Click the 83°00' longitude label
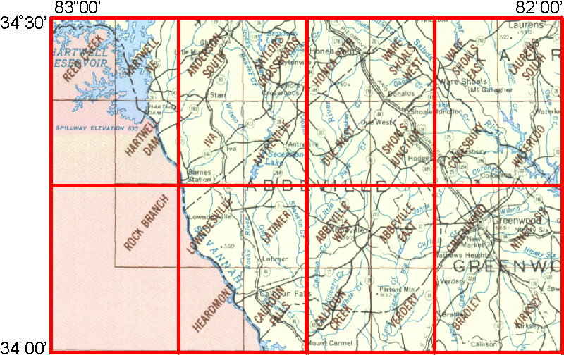[x=78, y=8]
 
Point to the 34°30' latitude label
[x=24, y=23]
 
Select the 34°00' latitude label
[x=24, y=347]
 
